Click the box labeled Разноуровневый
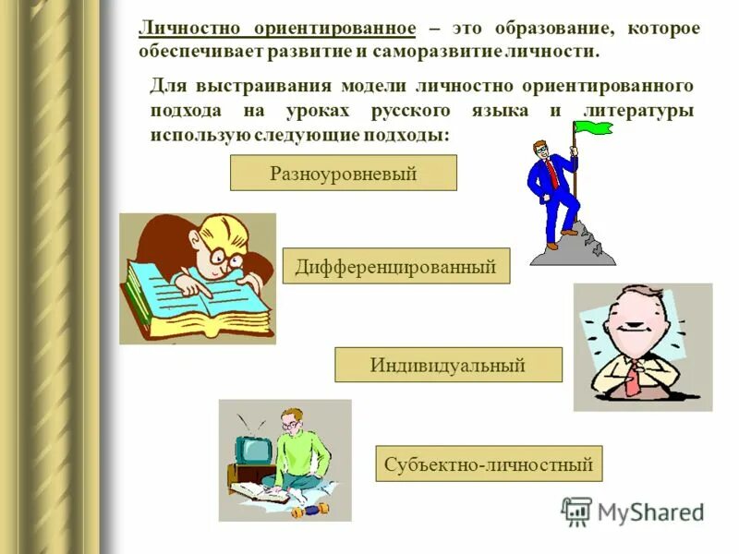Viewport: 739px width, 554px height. click(x=343, y=173)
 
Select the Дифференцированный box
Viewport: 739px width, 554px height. click(x=395, y=267)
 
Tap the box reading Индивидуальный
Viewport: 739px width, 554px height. click(x=447, y=365)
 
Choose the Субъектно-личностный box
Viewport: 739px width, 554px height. click(x=489, y=464)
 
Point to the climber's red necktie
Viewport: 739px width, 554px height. click(x=552, y=171)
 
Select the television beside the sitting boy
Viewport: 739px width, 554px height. click(x=252, y=451)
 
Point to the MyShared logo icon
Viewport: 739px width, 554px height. click(x=576, y=512)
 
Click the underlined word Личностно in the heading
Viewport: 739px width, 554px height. click(x=186, y=28)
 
